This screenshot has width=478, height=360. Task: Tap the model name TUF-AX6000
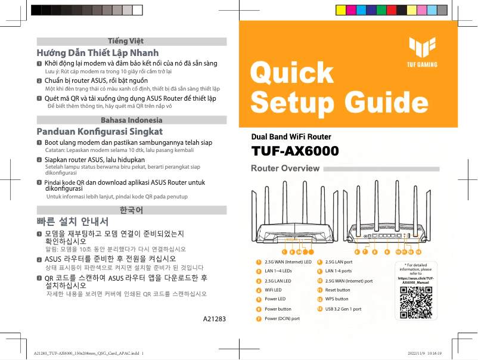click(295, 151)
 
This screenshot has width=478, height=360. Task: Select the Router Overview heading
click(285, 169)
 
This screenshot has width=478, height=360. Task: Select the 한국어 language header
click(131, 210)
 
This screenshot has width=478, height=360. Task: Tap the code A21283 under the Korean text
click(215, 319)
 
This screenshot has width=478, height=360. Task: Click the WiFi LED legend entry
click(274, 290)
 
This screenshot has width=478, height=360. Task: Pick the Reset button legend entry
click(337, 290)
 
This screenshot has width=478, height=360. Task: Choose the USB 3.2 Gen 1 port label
click(343, 309)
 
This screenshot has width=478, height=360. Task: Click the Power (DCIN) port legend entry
click(281, 318)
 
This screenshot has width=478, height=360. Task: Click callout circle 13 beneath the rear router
click(418, 252)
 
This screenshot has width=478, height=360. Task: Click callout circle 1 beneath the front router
click(284, 252)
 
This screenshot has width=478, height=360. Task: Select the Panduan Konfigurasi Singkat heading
click(99, 131)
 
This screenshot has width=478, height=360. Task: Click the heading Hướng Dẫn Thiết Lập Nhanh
click(98, 52)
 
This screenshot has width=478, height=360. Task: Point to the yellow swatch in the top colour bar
click(342, 10)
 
